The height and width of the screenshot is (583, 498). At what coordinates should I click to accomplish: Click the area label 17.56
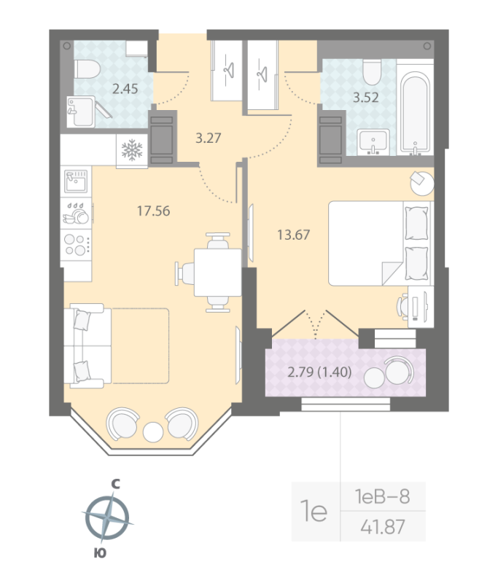(153, 211)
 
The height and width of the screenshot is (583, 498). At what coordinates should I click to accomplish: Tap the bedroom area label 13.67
(292, 234)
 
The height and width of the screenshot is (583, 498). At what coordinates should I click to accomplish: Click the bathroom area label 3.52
(366, 98)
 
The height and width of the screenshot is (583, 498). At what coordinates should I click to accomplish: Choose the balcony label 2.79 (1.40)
(320, 372)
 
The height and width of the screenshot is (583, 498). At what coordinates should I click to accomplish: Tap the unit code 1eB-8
(382, 497)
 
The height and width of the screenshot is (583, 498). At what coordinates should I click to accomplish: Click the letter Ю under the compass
(101, 553)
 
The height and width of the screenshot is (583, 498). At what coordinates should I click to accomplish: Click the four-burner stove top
(76, 243)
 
